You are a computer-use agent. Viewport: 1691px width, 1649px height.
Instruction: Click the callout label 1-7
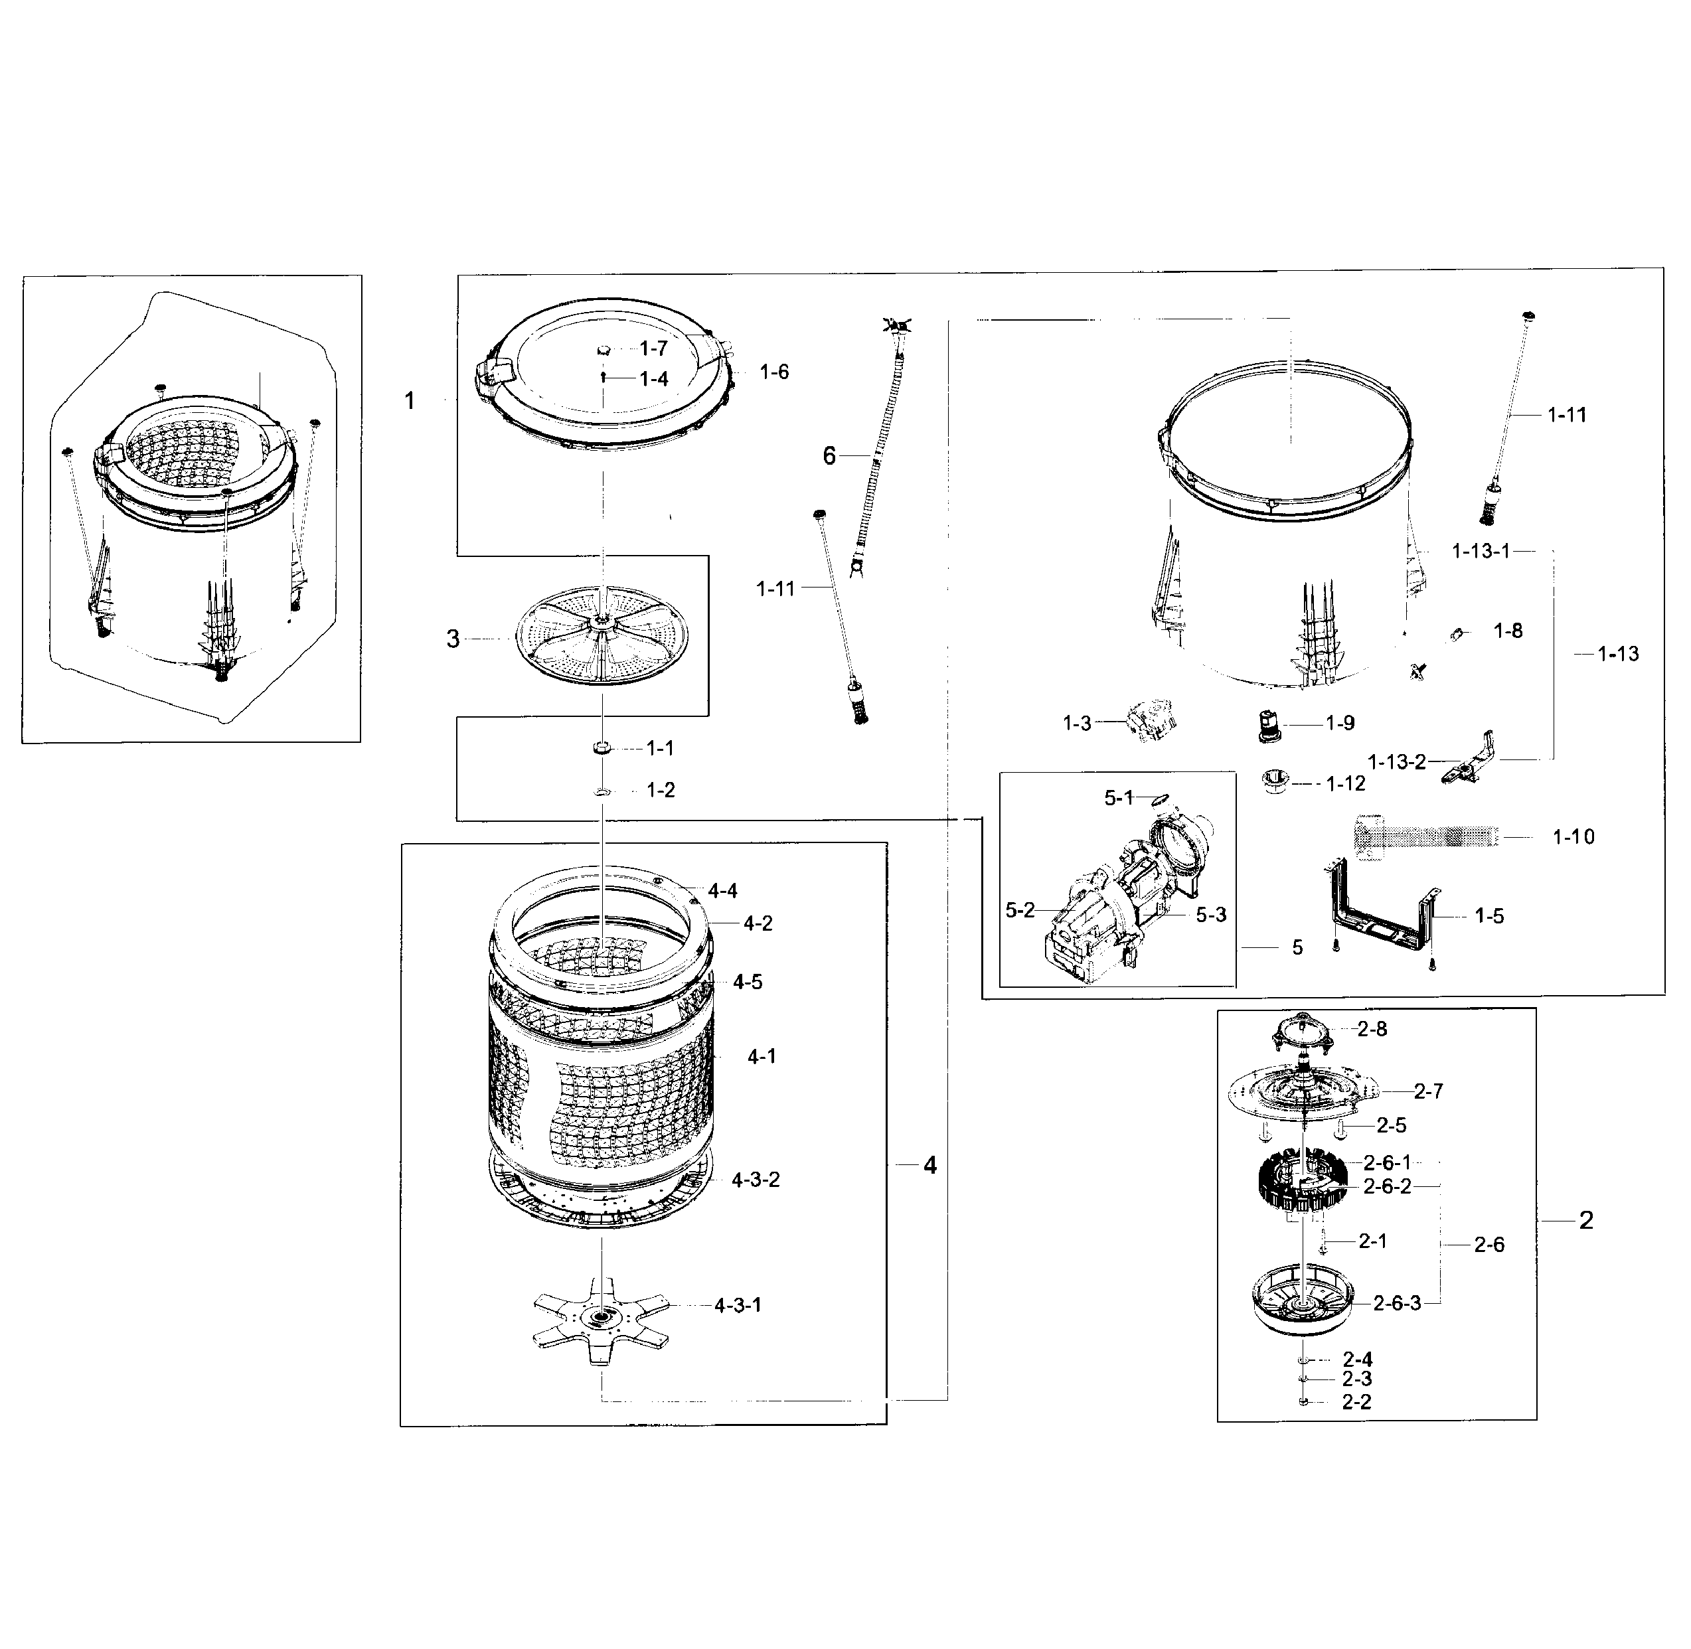[x=653, y=348]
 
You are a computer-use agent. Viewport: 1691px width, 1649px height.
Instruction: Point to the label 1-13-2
[x=1396, y=761]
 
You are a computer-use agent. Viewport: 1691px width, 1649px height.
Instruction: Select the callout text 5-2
[x=1020, y=910]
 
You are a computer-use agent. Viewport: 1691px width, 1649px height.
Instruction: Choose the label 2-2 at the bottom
[x=1356, y=1402]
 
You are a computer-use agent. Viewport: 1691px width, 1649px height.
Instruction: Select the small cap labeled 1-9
[x=1269, y=725]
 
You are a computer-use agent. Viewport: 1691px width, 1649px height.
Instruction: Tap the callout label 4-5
[x=748, y=982]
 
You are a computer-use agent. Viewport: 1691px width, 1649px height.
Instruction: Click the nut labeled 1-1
[x=602, y=747]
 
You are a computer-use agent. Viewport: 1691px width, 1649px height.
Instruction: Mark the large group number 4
[x=929, y=1166]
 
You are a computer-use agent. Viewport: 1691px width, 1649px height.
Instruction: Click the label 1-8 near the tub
[x=1508, y=631]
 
